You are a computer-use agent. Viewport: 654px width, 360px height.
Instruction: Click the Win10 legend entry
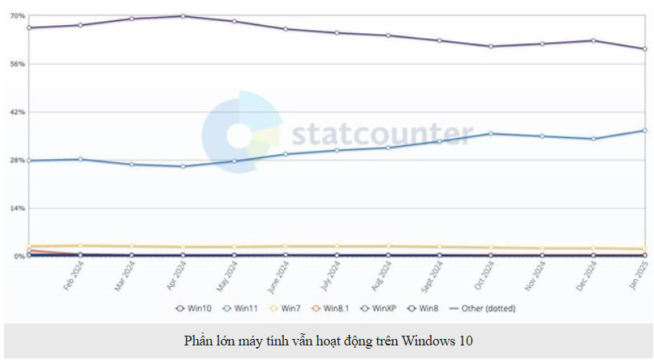pos(195,308)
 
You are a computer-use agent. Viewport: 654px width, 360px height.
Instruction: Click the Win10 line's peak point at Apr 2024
pos(183,16)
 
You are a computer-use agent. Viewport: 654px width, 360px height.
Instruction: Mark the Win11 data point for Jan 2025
pos(644,131)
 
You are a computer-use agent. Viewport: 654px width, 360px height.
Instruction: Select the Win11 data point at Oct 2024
pos(490,133)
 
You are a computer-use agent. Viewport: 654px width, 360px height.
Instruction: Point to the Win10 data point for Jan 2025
pos(644,49)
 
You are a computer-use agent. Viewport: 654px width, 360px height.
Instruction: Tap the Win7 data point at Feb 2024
pos(80,246)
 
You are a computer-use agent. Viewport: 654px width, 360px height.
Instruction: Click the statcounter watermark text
pos(381,133)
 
